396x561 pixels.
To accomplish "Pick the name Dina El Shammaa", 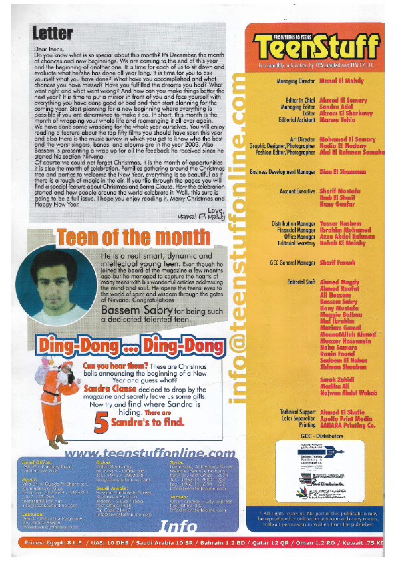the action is (331, 171).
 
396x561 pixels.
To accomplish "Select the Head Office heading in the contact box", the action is (35, 462).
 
